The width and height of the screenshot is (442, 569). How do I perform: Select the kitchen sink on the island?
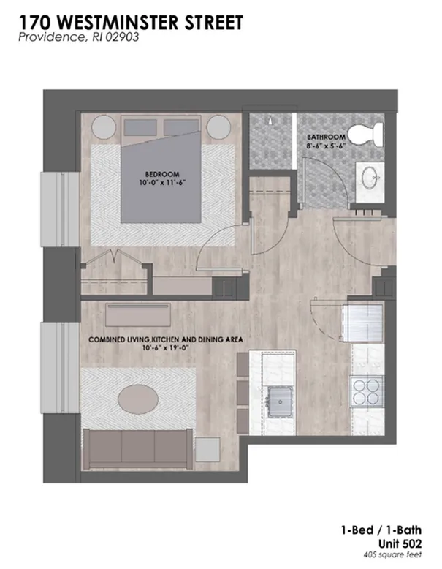280,402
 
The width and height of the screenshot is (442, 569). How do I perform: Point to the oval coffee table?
138,399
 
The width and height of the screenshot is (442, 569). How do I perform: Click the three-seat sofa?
138,449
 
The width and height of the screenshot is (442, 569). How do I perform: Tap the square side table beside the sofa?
207,450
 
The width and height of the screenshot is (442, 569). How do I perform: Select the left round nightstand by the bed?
104,127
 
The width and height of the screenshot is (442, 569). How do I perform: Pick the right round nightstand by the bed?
218,127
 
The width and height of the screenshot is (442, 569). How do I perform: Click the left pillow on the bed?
141,127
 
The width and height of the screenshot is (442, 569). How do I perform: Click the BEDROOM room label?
162,174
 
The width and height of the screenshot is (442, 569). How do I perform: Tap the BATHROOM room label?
326,137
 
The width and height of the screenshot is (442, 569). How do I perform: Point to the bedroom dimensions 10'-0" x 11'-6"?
162,182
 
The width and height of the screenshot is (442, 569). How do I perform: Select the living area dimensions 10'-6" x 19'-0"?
166,348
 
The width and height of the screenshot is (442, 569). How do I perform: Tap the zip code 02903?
122,37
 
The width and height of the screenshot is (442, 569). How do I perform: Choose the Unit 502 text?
400,543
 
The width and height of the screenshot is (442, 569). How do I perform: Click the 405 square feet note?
393,555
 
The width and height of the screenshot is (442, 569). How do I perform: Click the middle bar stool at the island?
243,393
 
